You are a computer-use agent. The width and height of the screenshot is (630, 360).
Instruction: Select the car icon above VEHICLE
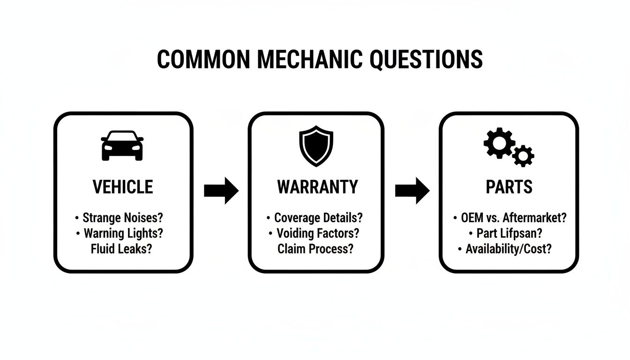click(122, 145)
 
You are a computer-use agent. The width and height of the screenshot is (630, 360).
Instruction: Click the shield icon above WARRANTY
click(316, 145)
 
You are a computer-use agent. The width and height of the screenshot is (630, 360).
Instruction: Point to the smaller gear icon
click(523, 156)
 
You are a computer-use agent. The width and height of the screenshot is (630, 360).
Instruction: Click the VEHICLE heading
click(123, 187)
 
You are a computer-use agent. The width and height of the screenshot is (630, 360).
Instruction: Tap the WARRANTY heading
click(317, 187)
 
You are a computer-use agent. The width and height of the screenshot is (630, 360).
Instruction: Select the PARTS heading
click(509, 187)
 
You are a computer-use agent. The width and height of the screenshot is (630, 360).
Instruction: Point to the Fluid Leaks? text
click(121, 249)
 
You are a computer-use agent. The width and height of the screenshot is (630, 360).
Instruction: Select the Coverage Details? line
click(318, 218)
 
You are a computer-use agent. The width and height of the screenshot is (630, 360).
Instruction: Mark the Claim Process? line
click(315, 249)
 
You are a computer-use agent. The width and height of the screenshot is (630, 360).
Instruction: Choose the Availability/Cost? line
click(508, 249)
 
